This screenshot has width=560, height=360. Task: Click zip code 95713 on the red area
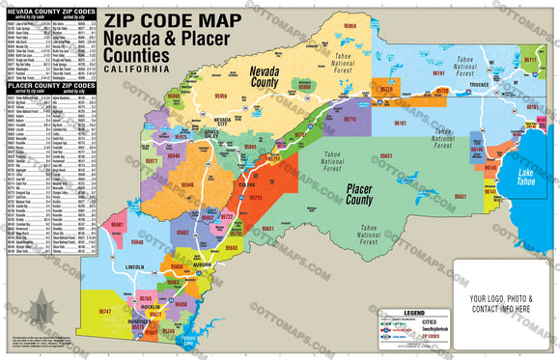[x=256, y=196]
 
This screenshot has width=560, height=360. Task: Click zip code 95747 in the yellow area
[x=105, y=312]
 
